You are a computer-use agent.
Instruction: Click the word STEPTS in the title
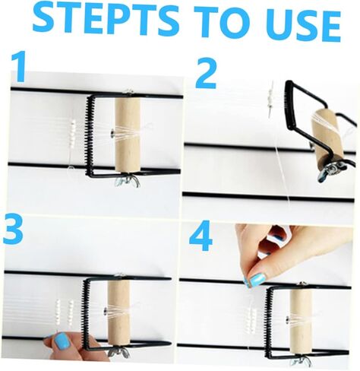[105, 21]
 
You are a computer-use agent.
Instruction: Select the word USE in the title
[298, 25]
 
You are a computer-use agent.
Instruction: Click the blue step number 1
[19, 66]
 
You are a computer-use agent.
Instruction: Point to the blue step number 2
[207, 73]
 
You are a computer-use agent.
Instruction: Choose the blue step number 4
[201, 236]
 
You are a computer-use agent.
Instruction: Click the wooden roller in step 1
[128, 136]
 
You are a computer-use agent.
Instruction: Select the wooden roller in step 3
[119, 312]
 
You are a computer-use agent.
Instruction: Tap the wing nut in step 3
[119, 353]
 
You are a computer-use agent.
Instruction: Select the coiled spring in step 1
[90, 135]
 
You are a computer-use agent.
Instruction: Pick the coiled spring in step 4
[268, 323]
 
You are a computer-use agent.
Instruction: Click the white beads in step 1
[73, 134]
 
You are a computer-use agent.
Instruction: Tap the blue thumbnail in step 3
[61, 341]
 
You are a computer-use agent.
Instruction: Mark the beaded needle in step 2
[270, 99]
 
